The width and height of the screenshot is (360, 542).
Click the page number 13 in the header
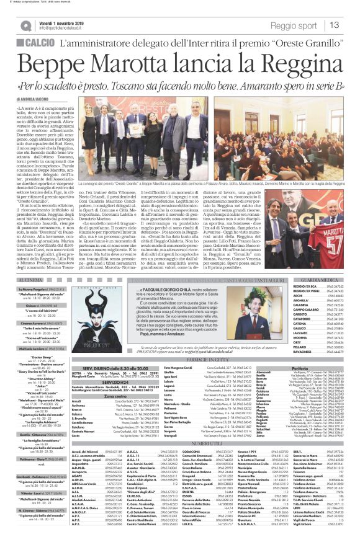tap(350, 24)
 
